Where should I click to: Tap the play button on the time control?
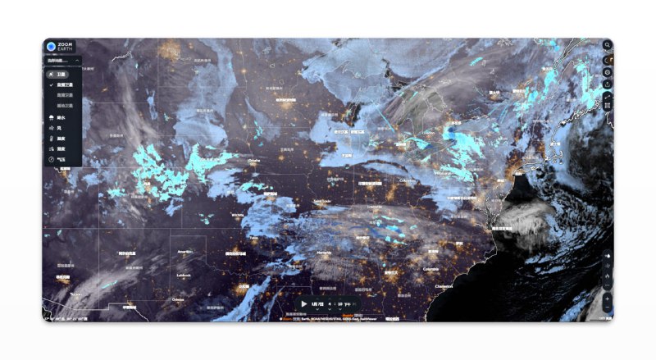(x=304, y=303)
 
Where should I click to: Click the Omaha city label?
(x=254, y=162)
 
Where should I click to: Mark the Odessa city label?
(x=178, y=300)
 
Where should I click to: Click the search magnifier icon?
(x=608, y=60)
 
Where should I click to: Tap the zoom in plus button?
(x=608, y=298)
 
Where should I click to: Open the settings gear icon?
(x=608, y=72)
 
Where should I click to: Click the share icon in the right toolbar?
(x=608, y=84)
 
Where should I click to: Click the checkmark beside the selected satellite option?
(x=51, y=84)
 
